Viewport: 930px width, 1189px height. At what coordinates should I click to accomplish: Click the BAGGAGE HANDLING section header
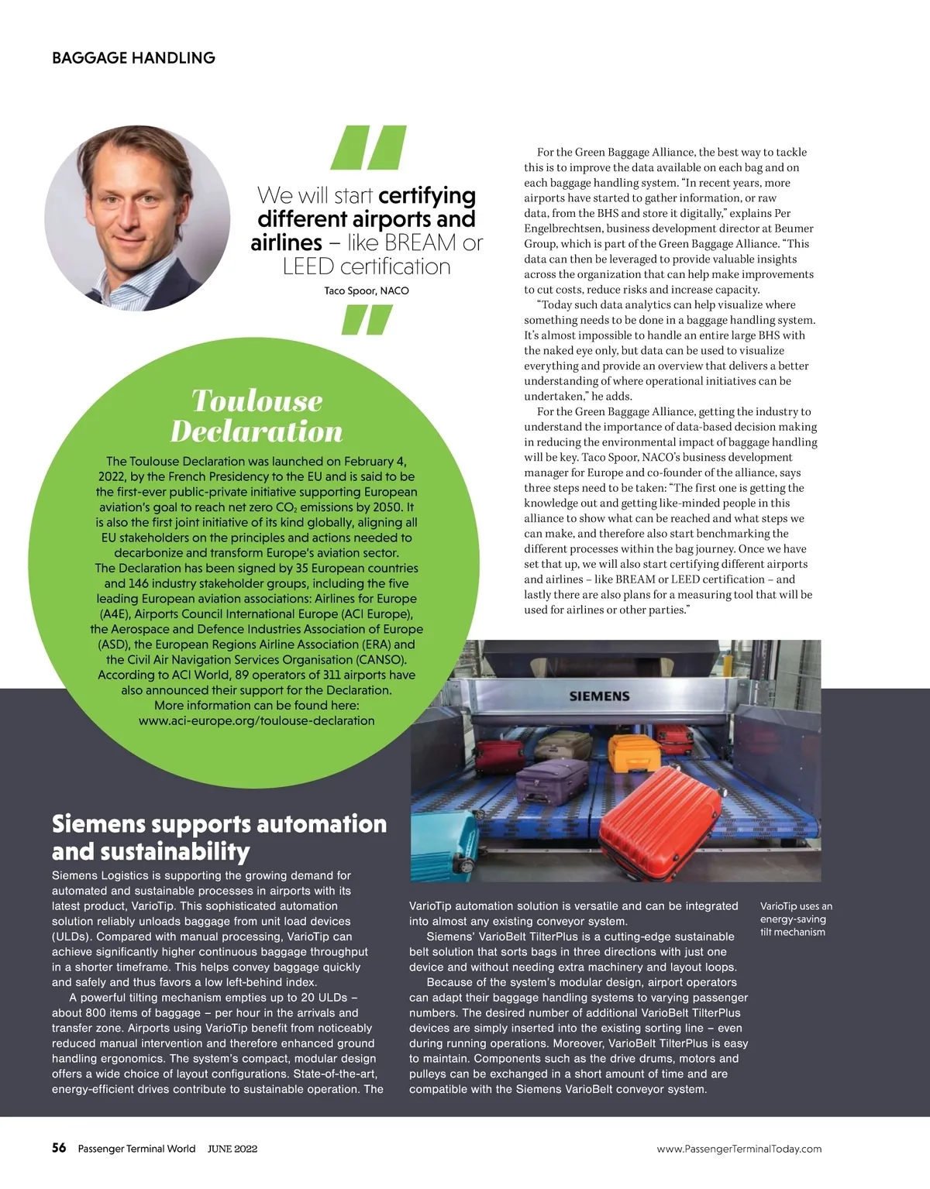(133, 58)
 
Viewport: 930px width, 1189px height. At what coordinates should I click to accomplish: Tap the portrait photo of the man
(137, 218)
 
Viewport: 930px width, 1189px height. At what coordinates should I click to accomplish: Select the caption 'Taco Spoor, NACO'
(367, 291)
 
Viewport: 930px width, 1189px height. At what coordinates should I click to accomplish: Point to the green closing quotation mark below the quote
(367, 320)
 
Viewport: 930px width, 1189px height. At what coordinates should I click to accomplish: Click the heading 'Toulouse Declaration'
(257, 416)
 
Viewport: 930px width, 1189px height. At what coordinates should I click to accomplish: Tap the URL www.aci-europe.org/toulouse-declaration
(257, 721)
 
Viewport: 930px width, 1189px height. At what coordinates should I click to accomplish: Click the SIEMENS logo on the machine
(599, 696)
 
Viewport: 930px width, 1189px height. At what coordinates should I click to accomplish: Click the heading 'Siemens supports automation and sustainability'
(219, 837)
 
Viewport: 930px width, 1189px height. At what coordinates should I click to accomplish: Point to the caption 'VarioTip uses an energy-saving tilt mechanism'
(796, 919)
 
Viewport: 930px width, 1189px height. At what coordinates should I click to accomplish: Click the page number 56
(59, 1149)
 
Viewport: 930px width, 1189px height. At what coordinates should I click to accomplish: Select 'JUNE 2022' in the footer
(232, 1149)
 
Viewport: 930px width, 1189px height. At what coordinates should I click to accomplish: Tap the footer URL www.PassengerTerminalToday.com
(739, 1149)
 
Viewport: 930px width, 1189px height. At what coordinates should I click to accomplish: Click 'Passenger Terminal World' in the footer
(136, 1149)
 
